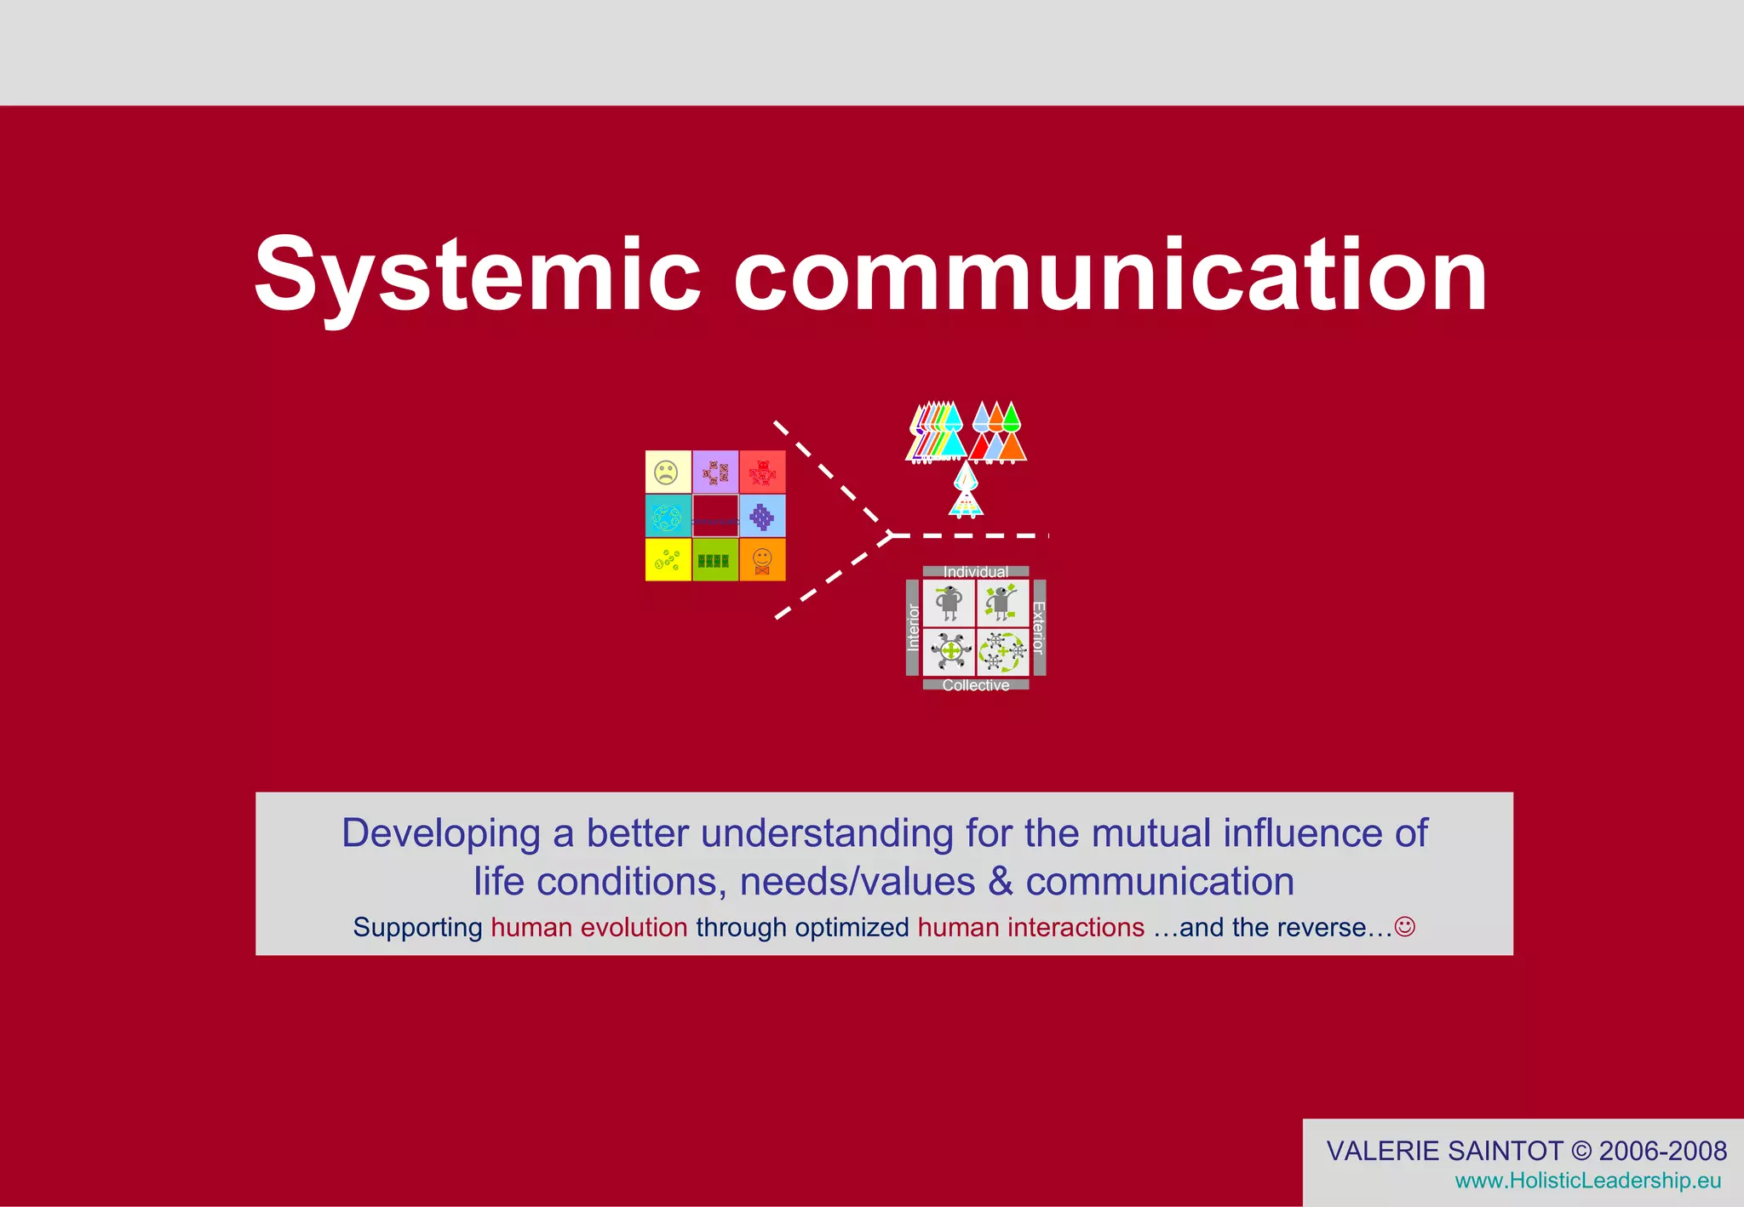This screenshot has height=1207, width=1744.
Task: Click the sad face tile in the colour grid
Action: coord(668,472)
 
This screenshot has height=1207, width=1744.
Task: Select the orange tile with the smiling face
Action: coord(762,560)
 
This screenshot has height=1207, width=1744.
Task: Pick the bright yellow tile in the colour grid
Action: coord(668,560)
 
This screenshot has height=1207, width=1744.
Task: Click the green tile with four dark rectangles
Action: coord(714,560)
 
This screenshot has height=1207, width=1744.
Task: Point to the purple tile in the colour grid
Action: coord(714,472)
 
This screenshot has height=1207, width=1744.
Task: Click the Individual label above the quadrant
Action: coord(976,572)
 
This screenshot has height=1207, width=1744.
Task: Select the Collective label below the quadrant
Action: coord(976,685)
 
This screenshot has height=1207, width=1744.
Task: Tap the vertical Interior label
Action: coord(913,627)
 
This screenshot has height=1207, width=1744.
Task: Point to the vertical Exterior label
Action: coord(1038,627)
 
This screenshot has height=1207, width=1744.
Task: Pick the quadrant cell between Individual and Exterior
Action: coord(1002,603)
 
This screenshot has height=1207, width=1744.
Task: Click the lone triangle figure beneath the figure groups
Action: coord(966,491)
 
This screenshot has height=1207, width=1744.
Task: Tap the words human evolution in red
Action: coord(589,927)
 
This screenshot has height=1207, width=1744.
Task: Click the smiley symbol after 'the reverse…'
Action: coord(1405,926)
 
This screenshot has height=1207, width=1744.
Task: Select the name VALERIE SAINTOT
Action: coord(1445,1151)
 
